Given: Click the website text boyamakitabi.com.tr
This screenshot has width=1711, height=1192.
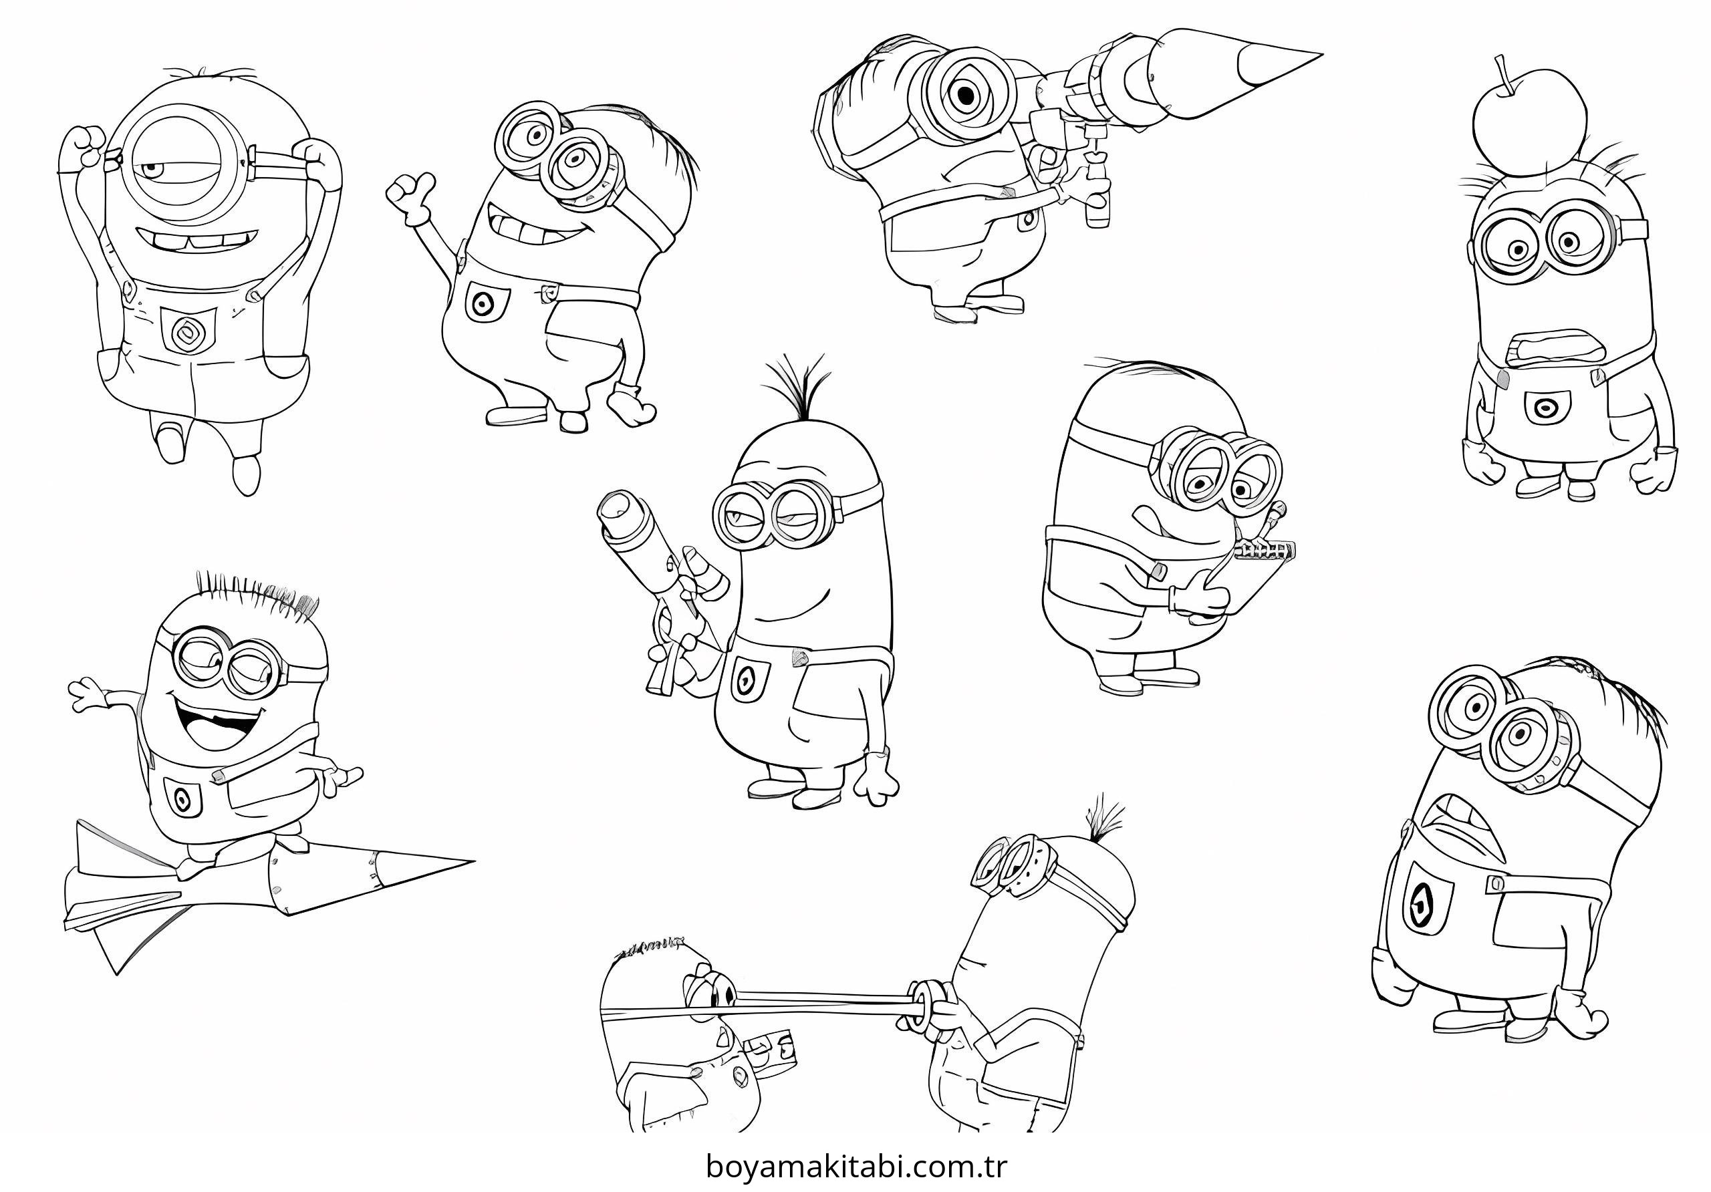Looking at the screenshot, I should coord(855,1166).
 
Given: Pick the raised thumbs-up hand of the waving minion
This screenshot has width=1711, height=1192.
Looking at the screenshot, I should coord(409,196).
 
